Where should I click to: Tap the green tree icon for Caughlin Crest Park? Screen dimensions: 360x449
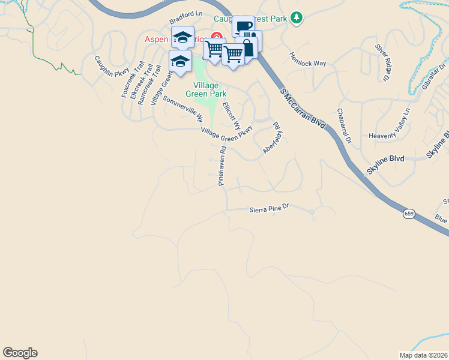(296, 19)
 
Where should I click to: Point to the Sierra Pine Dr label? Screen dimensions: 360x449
(269, 208)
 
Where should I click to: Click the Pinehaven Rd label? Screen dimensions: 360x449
(222, 166)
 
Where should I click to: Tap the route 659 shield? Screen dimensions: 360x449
(409, 214)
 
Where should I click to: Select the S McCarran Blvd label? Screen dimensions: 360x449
(303, 109)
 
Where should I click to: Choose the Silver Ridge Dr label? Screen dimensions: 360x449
(383, 62)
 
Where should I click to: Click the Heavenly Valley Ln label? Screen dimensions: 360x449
(389, 128)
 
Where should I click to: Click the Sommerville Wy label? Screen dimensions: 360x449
(183, 110)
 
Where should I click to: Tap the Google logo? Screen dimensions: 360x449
(20, 353)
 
